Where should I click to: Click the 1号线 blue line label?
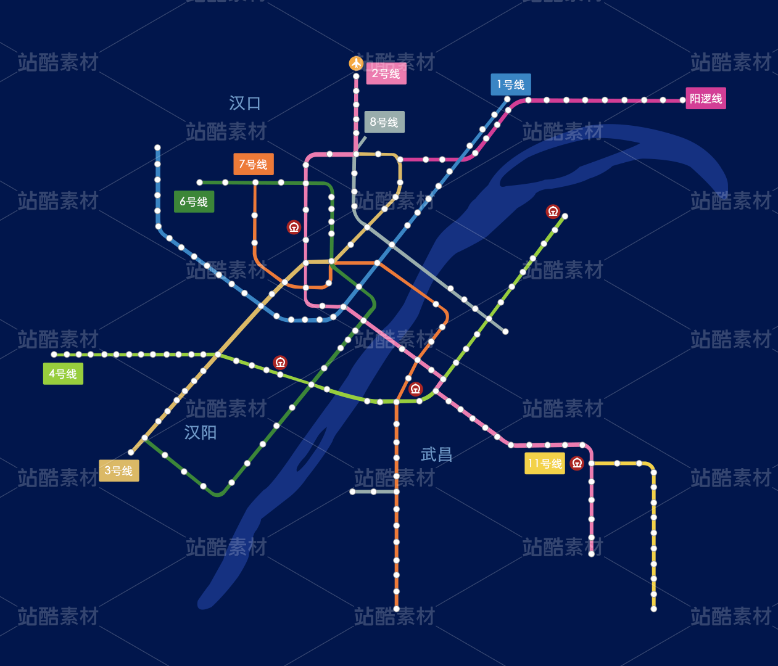pyautogui.click(x=511, y=84)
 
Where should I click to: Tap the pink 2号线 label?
pyautogui.click(x=386, y=74)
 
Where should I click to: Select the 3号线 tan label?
pyautogui.click(x=118, y=471)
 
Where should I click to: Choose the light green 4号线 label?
pyautogui.click(x=63, y=374)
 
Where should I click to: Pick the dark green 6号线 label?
pyautogui.click(x=194, y=202)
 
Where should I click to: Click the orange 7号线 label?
pyautogui.click(x=253, y=164)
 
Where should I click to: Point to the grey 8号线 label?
pyautogui.click(x=384, y=122)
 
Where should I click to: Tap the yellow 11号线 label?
pyautogui.click(x=544, y=463)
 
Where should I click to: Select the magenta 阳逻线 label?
pyautogui.click(x=706, y=99)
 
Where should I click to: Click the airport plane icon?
pyautogui.click(x=356, y=63)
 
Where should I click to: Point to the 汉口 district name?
pyautogui.click(x=245, y=103)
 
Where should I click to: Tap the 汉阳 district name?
pyautogui.click(x=201, y=432)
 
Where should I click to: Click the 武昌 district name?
pyautogui.click(x=437, y=454)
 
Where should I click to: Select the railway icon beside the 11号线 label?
pyautogui.click(x=577, y=463)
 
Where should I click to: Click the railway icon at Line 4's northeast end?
pyautogui.click(x=553, y=212)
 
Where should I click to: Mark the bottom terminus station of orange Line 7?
pyautogui.click(x=396, y=609)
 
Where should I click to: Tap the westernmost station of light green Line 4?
pyautogui.click(x=54, y=355)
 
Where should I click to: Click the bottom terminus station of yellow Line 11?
pyautogui.click(x=653, y=609)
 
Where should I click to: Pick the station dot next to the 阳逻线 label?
pyautogui.click(x=683, y=100)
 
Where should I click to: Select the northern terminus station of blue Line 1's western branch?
pyautogui.click(x=157, y=148)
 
